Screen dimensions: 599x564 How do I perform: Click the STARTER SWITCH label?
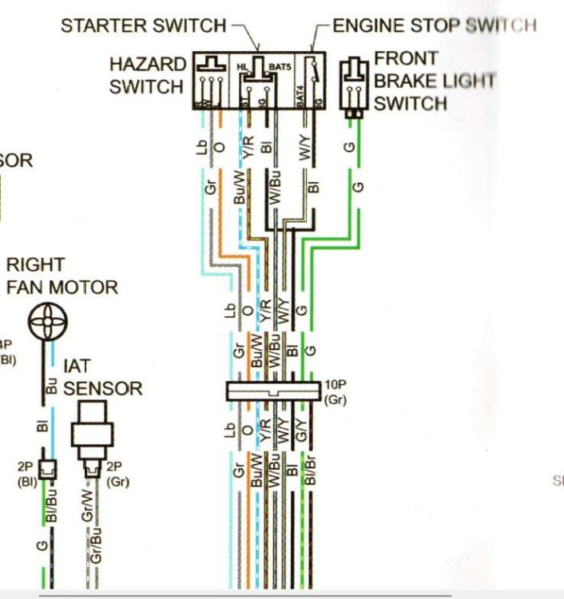click(x=144, y=26)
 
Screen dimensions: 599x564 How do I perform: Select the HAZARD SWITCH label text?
click(x=147, y=75)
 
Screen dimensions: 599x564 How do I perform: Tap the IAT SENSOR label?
click(x=102, y=378)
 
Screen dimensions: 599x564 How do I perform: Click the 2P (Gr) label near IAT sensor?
click(x=117, y=475)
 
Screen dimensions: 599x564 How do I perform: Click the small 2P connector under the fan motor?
click(x=49, y=471)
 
